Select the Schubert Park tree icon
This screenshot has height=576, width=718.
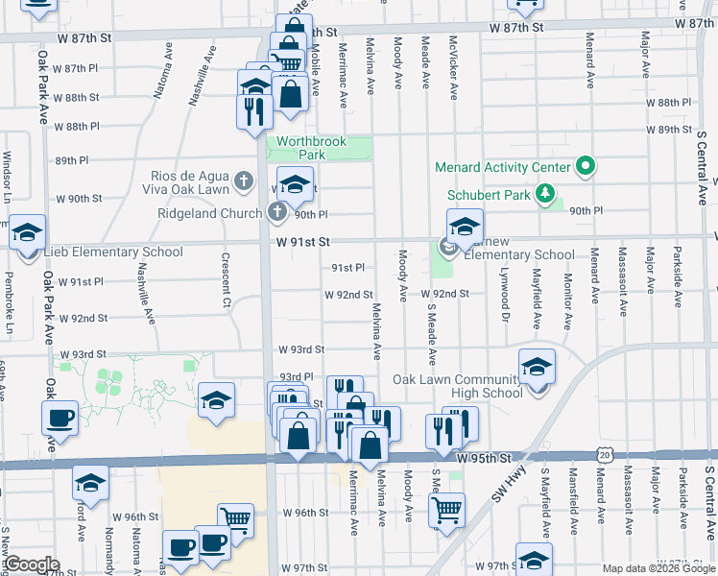tap(546, 194)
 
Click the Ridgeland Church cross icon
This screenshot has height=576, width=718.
tap(276, 213)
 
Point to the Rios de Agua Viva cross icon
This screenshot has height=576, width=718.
tap(244, 180)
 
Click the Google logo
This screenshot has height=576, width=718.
tap(31, 564)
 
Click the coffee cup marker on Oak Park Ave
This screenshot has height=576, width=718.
tap(60, 420)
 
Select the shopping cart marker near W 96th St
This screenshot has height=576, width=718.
tap(235, 520)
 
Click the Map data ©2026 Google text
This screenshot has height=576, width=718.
tap(658, 567)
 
